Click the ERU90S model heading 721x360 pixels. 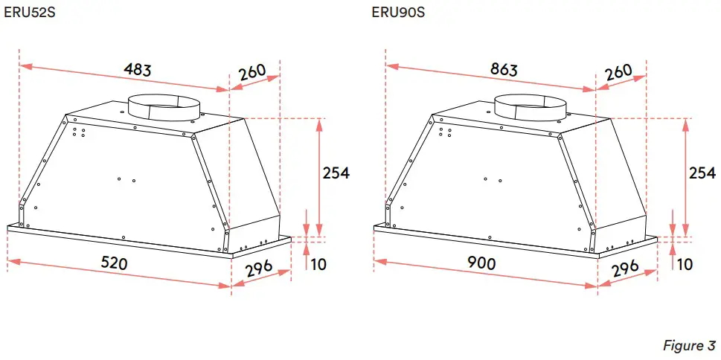[398, 13]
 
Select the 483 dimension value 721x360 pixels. [138, 70]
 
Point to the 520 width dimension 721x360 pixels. [114, 263]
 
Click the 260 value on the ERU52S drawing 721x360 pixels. [253, 72]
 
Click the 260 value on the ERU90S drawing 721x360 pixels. [619, 72]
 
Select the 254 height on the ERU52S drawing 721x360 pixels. [336, 173]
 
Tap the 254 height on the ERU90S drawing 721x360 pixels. [702, 173]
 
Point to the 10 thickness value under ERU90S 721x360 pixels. [685, 264]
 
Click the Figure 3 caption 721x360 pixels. [689, 346]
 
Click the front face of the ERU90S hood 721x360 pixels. [491, 186]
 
